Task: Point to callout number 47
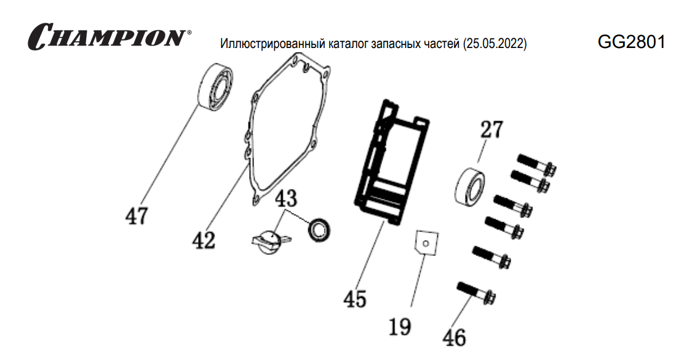tap(137, 216)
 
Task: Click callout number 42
tap(204, 239)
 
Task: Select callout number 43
tap(285, 198)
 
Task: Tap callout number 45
tap(355, 298)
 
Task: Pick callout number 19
tap(400, 326)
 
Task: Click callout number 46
tap(455, 337)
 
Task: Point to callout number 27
tap(491, 130)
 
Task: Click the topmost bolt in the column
tap(536, 163)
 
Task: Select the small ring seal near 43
tap(319, 229)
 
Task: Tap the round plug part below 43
tap(268, 239)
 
